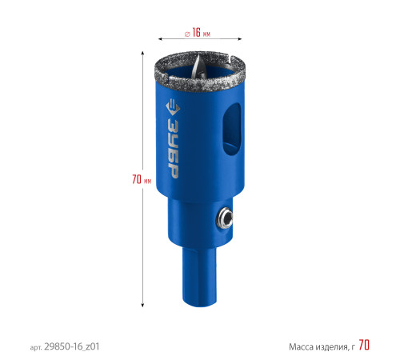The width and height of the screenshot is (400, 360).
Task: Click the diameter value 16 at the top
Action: (x=196, y=33)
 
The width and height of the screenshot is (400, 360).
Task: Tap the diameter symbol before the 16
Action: (x=187, y=34)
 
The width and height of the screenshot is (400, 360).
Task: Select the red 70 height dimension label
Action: (x=137, y=179)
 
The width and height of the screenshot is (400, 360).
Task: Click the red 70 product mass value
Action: (x=364, y=345)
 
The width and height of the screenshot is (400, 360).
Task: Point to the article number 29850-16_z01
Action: (x=72, y=346)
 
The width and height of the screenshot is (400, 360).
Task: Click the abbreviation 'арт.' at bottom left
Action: (x=36, y=348)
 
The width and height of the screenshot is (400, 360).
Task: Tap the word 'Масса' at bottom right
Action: (x=302, y=347)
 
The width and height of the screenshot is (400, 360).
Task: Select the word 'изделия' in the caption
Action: (x=332, y=347)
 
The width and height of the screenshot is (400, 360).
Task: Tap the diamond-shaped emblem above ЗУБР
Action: (x=173, y=108)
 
